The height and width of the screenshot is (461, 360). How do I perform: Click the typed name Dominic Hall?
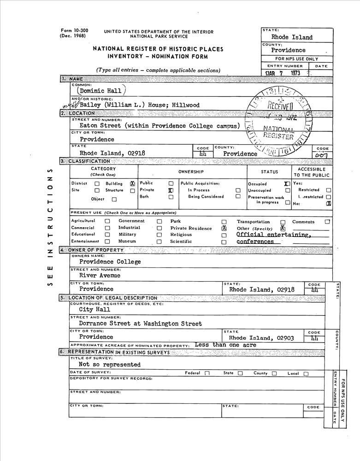[100, 91]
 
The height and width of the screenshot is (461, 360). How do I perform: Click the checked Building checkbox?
[133, 183]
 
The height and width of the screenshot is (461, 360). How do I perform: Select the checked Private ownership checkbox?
[171, 190]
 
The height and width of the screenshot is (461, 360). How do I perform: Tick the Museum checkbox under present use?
[159, 241]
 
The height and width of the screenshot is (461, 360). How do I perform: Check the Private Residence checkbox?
[224, 228]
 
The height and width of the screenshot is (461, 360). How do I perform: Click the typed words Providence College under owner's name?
[110, 262]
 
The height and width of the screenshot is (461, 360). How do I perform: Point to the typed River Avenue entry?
[100, 276]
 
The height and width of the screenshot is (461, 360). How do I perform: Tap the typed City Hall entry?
[94, 310]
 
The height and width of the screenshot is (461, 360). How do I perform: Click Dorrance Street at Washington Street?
[140, 324]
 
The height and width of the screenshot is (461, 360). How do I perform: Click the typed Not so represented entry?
[110, 365]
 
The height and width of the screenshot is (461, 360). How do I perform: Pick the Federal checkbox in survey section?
[207, 373]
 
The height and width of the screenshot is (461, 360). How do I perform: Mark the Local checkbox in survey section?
[306, 374]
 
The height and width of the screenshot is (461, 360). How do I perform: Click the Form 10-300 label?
[74, 31]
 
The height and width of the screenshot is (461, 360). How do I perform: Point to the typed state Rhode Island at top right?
[292, 37]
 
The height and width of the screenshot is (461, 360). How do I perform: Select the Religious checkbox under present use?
[224, 235]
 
